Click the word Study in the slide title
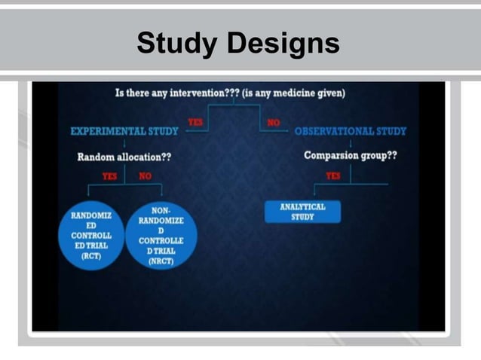click(x=178, y=44)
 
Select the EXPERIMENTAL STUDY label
click(x=124, y=131)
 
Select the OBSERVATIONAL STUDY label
click(x=350, y=131)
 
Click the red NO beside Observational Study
click(x=272, y=121)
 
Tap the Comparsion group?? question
click(x=351, y=156)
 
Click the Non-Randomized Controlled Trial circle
click(x=161, y=234)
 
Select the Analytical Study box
click(x=302, y=212)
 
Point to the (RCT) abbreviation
click(x=91, y=256)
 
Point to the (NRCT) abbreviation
click(x=161, y=261)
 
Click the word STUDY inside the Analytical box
click(x=302, y=217)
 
